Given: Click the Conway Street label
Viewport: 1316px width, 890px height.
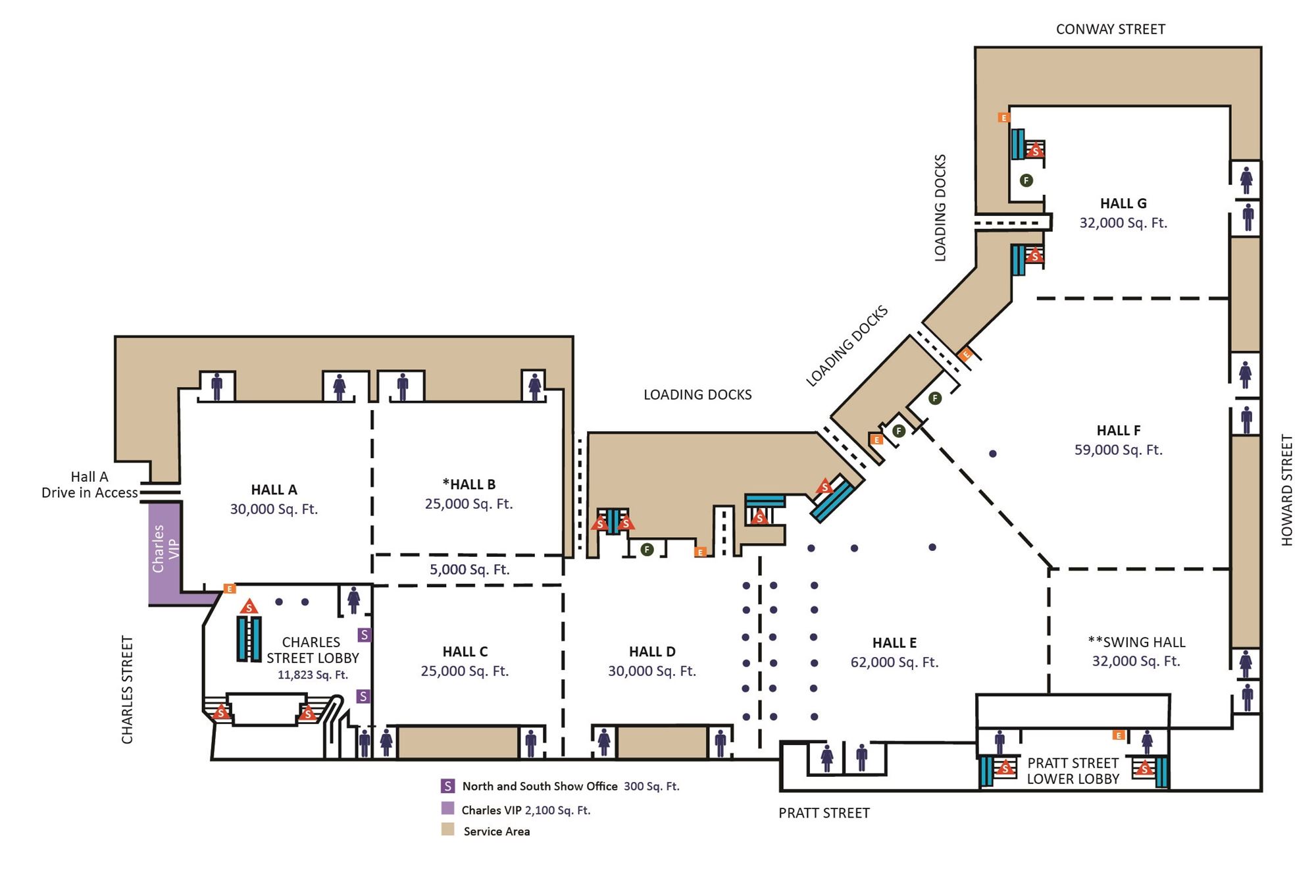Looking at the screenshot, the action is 1110,29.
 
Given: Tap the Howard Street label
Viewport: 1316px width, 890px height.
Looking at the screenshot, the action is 1287,490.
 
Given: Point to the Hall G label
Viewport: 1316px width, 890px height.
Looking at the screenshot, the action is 1123,203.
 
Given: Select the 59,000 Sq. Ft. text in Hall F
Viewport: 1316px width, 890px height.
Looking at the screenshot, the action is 1119,450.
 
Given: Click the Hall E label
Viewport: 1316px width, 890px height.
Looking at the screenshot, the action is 894,643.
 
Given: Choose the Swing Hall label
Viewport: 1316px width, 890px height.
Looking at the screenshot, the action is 1136,642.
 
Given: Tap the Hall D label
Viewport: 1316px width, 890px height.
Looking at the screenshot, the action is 652,652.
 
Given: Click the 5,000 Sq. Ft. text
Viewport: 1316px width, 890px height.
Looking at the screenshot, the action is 469,569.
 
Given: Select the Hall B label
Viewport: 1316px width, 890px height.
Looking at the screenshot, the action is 468,484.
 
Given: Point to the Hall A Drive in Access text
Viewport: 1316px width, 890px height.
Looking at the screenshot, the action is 89,484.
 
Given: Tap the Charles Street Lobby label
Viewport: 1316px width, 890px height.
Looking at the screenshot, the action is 312,650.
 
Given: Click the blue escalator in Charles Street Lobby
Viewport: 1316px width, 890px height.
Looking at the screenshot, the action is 249,639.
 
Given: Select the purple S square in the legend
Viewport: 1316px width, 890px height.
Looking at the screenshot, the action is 447,786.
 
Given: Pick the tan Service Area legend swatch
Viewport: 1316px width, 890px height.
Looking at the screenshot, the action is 447,829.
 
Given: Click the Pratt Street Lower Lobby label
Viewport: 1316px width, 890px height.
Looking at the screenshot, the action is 1073,771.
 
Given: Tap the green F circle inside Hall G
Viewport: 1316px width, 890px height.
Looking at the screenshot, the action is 1026,180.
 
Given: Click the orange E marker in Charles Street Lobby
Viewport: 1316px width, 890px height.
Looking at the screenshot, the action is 230,589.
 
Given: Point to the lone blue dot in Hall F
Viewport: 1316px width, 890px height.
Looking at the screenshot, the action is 993,454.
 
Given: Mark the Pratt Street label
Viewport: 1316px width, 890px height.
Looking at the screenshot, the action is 824,813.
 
